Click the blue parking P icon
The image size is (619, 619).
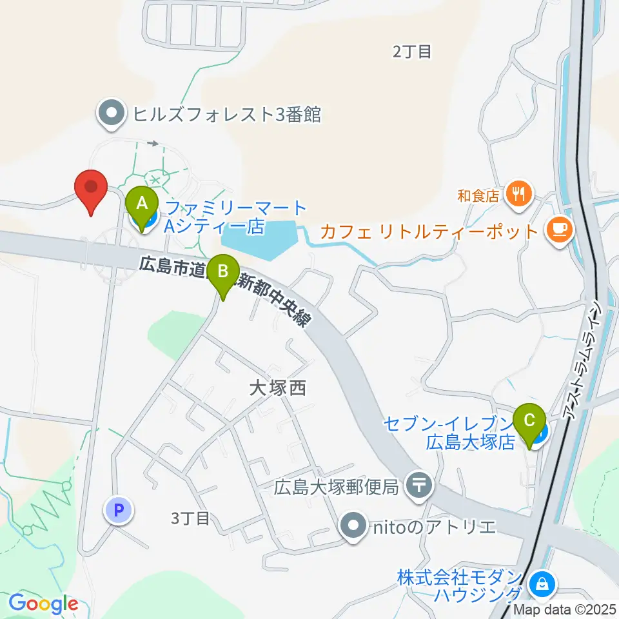coord(118,511)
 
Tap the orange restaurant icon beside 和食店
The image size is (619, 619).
coord(518,192)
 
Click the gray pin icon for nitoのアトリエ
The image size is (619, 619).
coord(353,526)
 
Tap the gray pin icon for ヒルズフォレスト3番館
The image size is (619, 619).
coord(111,113)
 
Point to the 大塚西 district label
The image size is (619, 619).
coord(277,388)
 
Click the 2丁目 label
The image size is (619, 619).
coord(412,52)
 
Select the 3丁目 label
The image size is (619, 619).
coord(191,518)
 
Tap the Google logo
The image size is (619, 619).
coord(43,604)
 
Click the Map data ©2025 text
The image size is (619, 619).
coord(565,609)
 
